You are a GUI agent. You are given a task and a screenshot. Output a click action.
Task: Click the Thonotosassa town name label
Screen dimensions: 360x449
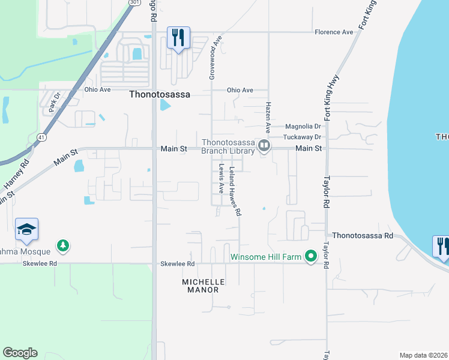click(x=158, y=94)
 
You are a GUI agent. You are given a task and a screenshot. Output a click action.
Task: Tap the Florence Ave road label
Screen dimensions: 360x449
click(x=334, y=32)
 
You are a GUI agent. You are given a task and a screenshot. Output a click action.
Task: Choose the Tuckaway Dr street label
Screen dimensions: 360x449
click(x=303, y=137)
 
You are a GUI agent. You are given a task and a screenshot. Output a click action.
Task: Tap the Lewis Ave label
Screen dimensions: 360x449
click(x=221, y=178)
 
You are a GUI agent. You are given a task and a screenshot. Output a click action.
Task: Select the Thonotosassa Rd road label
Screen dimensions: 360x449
click(x=363, y=236)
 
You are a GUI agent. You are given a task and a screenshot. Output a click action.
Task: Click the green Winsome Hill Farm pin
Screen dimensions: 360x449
click(x=310, y=257)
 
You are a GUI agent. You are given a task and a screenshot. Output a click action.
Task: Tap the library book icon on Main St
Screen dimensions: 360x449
click(x=263, y=146)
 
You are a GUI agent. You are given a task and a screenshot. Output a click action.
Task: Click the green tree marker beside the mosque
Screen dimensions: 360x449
click(x=62, y=245)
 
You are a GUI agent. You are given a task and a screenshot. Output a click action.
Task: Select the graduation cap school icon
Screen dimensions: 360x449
click(x=26, y=229)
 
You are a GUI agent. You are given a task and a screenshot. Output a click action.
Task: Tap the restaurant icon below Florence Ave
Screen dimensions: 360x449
click(x=178, y=38)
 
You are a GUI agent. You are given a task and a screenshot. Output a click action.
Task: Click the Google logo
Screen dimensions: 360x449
click(x=20, y=353)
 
